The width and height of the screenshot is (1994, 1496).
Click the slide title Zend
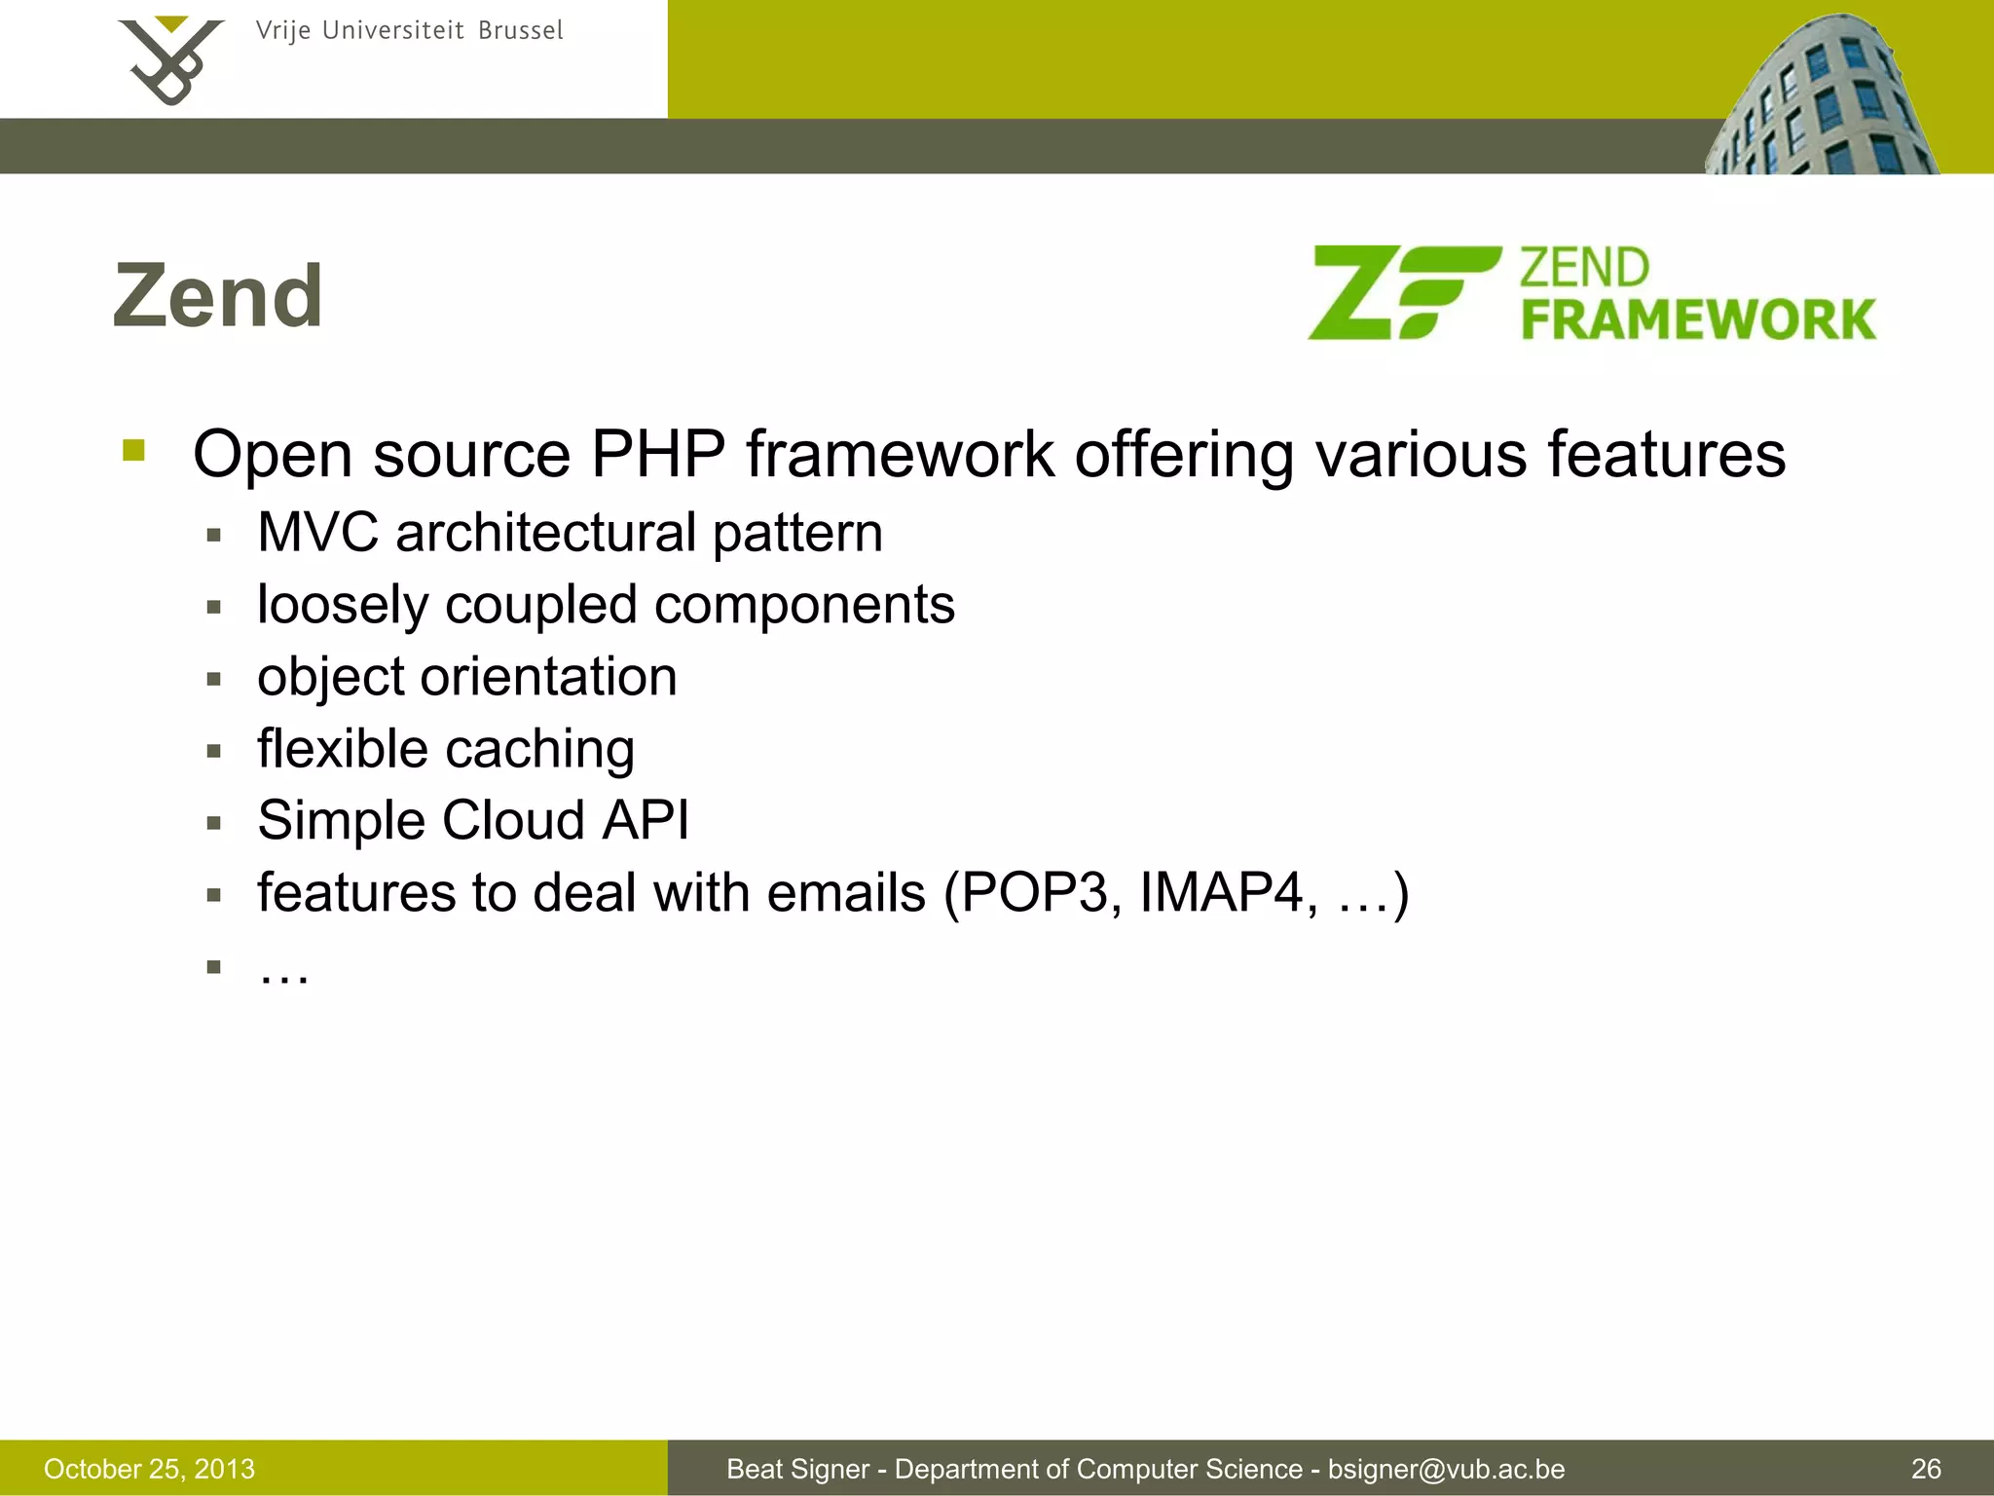[218, 296]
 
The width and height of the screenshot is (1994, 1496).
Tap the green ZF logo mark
[1402, 292]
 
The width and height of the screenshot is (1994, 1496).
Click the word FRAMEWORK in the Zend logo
[1698, 319]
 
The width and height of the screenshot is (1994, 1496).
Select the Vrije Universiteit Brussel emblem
[170, 60]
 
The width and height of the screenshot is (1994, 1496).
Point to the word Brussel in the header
[520, 30]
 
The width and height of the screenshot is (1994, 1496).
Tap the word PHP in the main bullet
[658, 454]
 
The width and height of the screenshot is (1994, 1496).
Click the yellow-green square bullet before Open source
[133, 450]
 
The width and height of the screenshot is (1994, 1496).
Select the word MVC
[317, 533]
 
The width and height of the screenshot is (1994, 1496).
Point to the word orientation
[548, 676]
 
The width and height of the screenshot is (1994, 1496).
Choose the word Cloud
[513, 820]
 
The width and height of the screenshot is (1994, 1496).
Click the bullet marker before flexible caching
[214, 751]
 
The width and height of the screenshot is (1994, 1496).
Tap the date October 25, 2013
[149, 1469]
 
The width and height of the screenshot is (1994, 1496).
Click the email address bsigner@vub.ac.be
[1446, 1469]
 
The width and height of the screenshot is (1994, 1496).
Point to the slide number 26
[1926, 1469]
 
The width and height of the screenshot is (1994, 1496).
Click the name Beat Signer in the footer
[797, 1469]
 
